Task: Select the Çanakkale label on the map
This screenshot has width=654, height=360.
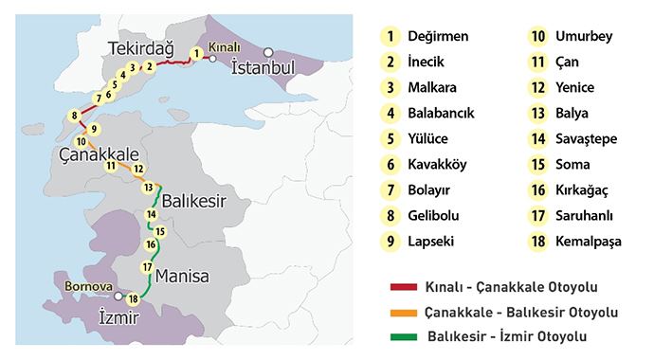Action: click(x=100, y=153)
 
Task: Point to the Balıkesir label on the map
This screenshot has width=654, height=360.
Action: click(x=196, y=202)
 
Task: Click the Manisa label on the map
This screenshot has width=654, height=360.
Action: click(x=187, y=277)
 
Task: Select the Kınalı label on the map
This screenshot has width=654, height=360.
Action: click(x=225, y=45)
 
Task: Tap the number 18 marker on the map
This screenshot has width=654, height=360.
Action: click(x=133, y=299)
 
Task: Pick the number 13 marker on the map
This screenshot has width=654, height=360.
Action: click(x=148, y=188)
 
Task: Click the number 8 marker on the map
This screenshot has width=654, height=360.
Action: click(x=74, y=117)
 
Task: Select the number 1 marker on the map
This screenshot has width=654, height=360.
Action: click(x=195, y=54)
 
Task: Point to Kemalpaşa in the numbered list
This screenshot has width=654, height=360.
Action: click(x=590, y=242)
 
